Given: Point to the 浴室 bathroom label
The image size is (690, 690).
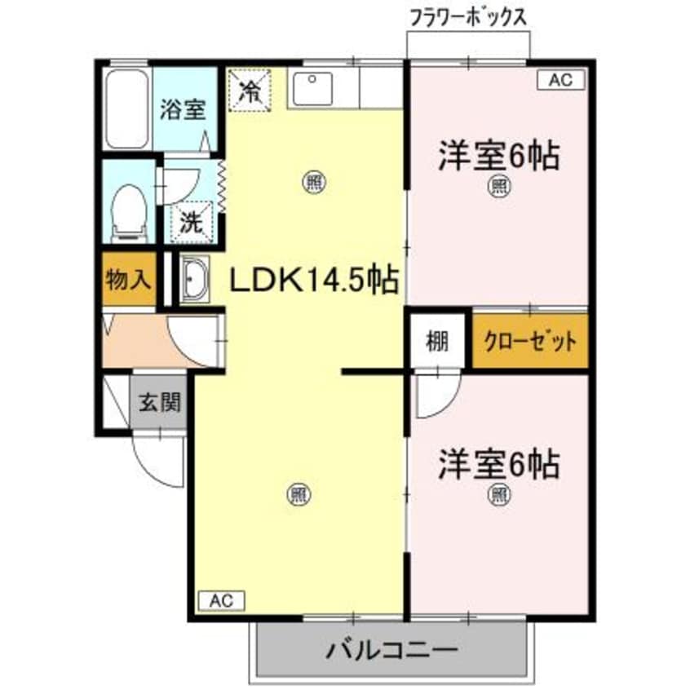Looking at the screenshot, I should (183, 108).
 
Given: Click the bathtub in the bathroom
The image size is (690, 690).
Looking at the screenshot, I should (127, 108).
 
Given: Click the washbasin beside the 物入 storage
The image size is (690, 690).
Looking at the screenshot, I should (194, 280).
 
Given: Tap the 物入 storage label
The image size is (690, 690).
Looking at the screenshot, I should (129, 280).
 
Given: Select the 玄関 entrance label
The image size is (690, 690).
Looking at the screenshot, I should (159, 402).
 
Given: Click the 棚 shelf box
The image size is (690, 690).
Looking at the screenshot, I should (438, 340).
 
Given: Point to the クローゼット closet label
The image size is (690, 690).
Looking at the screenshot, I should (530, 340).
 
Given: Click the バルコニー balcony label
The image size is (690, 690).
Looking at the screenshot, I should (391, 650).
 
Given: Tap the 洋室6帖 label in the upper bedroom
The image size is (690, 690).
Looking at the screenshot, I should (499, 155).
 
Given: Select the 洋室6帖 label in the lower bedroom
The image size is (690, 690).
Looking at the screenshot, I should (498, 463).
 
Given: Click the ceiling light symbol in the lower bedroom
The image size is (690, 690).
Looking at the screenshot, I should (498, 494).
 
